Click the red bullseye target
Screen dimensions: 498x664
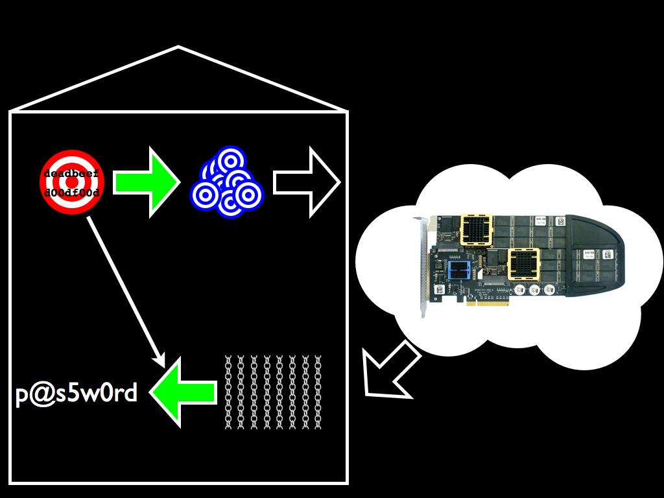[x=71, y=182]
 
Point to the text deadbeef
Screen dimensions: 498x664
[x=71, y=173]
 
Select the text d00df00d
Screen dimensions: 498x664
[x=71, y=193]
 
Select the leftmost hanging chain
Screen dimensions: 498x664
[x=228, y=392]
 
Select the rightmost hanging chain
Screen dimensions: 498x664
[x=318, y=392]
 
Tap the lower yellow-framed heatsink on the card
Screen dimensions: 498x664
[x=524, y=265]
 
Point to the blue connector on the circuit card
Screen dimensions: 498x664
[x=459, y=272]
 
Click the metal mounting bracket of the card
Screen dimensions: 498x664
[x=423, y=266]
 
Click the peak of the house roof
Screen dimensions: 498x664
[x=178, y=47]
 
